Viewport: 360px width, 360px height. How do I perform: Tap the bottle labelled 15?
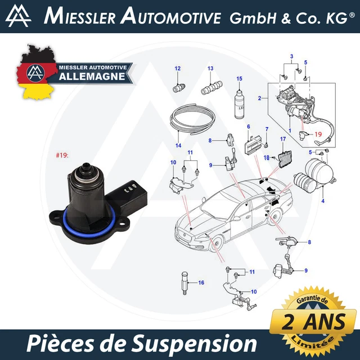238,103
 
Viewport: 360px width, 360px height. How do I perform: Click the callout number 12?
178,69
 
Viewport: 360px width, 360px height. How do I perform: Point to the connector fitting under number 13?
210,88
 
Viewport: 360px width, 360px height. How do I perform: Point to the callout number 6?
248,128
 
